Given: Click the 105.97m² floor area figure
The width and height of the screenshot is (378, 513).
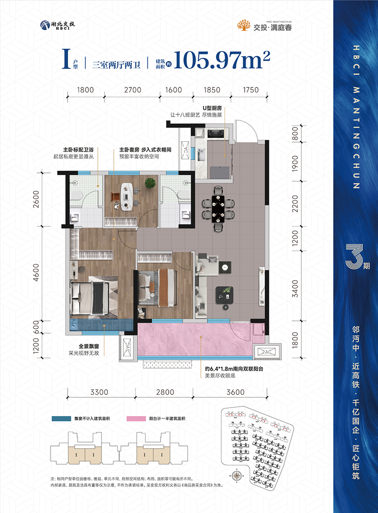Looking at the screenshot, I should click(222, 60).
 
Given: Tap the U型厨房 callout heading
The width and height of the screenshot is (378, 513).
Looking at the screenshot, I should click(212, 108).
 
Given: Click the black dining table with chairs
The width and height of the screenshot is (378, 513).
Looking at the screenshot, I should click(218, 208).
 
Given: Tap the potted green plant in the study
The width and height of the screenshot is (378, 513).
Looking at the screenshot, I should click(151, 182).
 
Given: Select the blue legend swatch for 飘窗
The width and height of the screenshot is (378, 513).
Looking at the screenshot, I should click(60, 419).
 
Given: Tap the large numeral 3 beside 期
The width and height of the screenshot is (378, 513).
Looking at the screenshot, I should click(352, 257).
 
